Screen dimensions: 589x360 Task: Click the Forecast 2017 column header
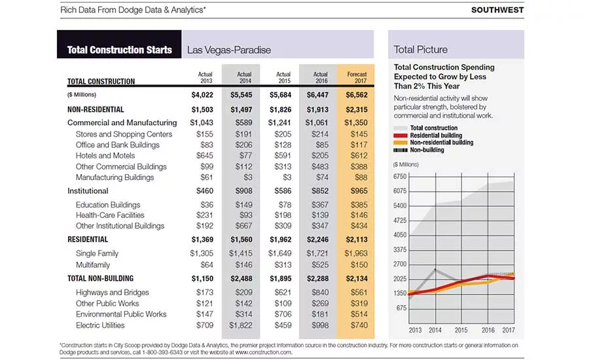357,77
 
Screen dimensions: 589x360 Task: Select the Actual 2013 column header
205,77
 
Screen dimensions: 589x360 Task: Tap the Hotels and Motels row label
105,156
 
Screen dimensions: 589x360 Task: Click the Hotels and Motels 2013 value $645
205,156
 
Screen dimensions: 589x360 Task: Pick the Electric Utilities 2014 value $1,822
241,325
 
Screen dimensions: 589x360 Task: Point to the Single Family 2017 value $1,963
356,254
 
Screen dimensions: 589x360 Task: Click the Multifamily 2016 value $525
320,265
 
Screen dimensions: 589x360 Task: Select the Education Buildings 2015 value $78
283,205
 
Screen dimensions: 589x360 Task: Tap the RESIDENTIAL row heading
88,240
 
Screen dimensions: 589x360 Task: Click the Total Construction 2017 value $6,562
357,95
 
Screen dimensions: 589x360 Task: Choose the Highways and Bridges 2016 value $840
320,293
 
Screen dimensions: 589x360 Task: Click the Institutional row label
88,191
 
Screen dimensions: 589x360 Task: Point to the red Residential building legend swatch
401,135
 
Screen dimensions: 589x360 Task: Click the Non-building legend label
427,150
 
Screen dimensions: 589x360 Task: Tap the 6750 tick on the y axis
400,177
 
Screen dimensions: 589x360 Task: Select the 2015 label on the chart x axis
461,330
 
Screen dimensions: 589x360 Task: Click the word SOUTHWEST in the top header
497,10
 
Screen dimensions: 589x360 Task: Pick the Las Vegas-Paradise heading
229,50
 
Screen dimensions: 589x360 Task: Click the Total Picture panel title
421,50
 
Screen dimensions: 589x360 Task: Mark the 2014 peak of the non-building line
435,270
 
